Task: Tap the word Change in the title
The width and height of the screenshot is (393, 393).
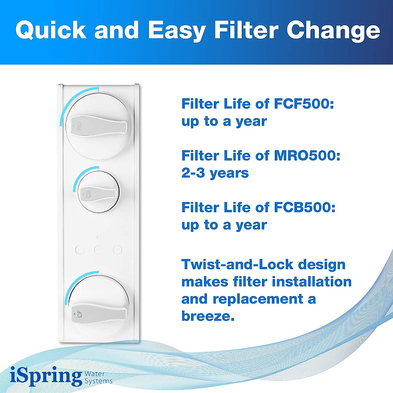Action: tap(333, 31)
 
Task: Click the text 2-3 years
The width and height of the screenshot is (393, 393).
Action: tap(215, 173)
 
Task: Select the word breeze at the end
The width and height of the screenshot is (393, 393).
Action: tap(208, 316)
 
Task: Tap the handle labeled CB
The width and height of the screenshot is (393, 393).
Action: tap(98, 194)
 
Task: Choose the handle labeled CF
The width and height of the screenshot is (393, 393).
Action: tap(98, 314)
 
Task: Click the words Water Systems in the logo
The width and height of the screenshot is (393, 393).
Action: tap(98, 377)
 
